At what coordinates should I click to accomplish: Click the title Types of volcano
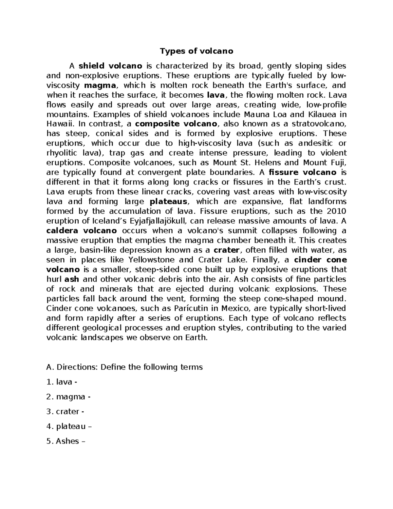(196, 51)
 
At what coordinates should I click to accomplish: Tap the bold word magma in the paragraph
(100, 86)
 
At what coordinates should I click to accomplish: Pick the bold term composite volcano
(176, 124)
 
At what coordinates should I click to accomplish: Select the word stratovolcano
(318, 124)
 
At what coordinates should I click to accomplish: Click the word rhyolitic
(62, 153)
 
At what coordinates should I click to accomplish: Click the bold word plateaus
(168, 202)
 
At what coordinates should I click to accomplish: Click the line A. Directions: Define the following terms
(125, 367)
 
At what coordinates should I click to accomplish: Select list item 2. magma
(68, 397)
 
